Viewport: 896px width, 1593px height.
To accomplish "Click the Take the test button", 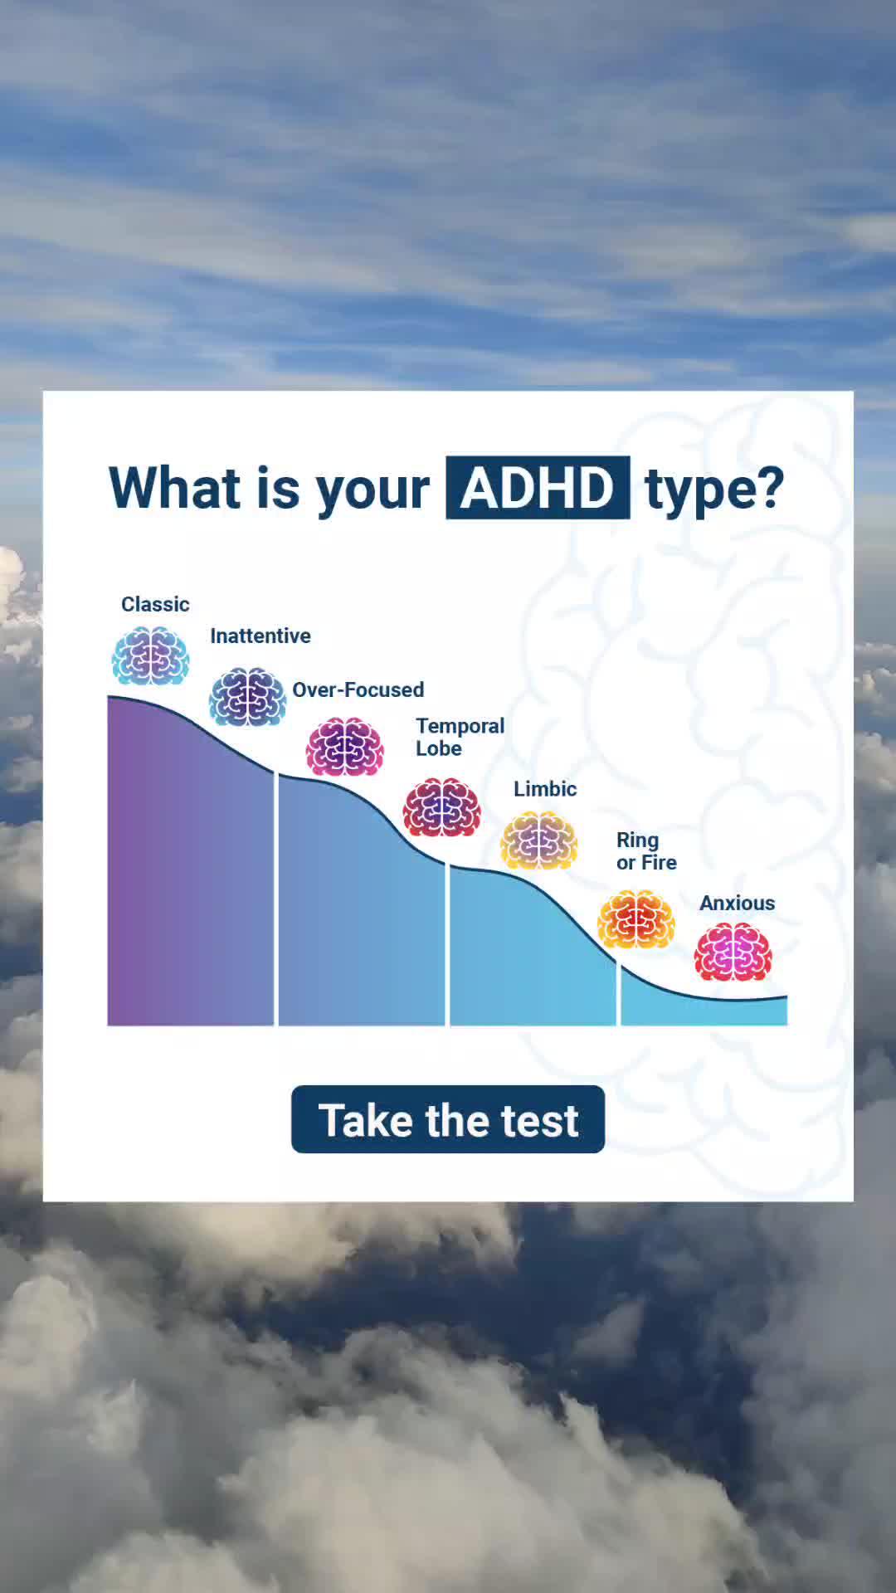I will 448,1119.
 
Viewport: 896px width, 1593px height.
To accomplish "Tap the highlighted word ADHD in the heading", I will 538,488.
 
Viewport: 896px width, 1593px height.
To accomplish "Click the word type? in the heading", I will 714,490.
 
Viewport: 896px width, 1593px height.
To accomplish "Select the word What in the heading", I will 174,488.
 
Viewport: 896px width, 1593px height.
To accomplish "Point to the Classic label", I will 155,604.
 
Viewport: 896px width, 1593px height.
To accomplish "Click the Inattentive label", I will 261,636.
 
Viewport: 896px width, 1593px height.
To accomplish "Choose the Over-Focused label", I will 358,689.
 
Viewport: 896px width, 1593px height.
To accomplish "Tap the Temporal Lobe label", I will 460,737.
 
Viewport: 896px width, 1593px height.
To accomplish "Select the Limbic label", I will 545,789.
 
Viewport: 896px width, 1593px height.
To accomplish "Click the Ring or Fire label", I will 646,851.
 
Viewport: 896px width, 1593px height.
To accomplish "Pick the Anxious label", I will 737,903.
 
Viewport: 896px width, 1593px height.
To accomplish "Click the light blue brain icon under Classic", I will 150,655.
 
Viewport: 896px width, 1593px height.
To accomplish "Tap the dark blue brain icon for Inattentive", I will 247,696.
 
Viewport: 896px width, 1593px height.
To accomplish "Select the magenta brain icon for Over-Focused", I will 345,747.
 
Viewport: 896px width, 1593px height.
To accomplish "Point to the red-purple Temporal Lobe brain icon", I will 441,807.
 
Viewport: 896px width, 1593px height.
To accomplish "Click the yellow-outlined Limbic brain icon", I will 538,840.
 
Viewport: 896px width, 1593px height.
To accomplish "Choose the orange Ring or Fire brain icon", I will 635,919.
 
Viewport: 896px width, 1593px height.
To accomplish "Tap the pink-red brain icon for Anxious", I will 733,952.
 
